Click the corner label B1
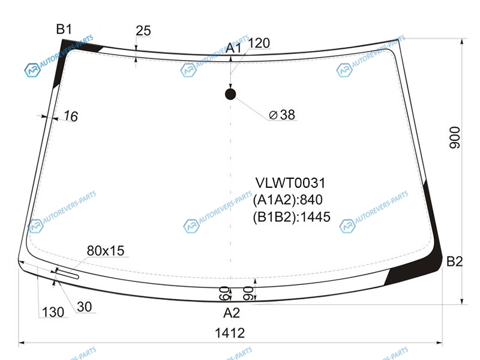tap(64, 29)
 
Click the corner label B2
tap(455, 262)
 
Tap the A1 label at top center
tap(233, 48)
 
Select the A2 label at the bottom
tap(232, 313)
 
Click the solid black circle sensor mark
tap(230, 94)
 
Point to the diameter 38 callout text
tap(282, 115)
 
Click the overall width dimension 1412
tap(230, 333)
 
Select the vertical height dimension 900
tap(455, 137)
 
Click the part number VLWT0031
tap(290, 183)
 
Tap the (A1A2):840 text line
tap(288, 200)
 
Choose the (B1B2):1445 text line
tap(292, 217)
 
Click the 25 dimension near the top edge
tap(143, 31)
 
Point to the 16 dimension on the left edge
tap(71, 116)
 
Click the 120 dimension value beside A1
tap(259, 43)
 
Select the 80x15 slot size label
tap(106, 251)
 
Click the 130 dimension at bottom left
tap(53, 312)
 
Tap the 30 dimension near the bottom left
tap(84, 307)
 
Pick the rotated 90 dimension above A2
tap(248, 293)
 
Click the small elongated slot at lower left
tap(67, 273)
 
